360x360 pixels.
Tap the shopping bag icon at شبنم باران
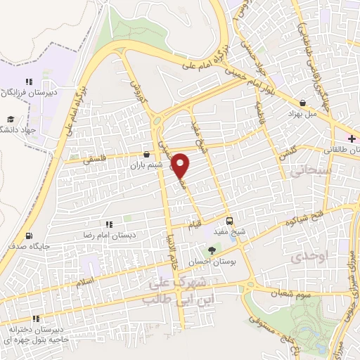click(146, 154)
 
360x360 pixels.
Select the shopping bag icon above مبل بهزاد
click(302, 102)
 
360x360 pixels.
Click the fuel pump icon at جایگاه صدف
click(29, 236)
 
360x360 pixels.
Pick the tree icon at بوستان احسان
click(212, 250)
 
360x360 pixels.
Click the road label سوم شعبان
click(293, 294)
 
